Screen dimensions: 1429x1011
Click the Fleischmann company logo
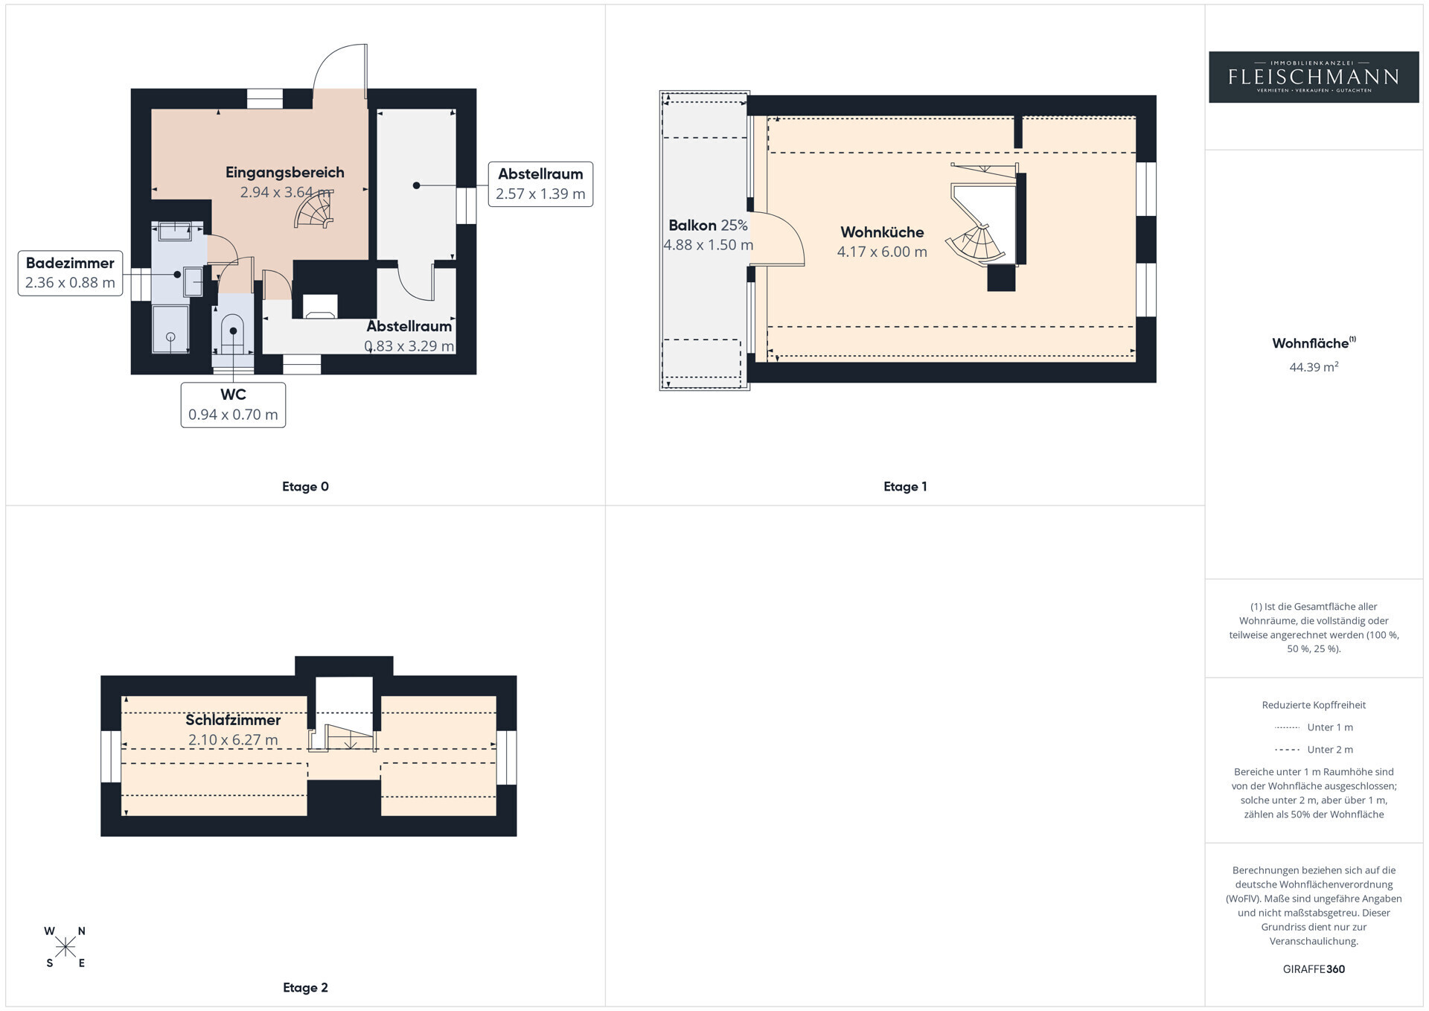point(1314,77)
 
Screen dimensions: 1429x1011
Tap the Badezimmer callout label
point(70,273)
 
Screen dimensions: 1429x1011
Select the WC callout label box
point(233,405)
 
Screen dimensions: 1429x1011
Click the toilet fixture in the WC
point(233,334)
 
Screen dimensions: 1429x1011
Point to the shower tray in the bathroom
point(170,328)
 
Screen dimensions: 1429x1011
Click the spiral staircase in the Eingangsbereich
point(315,210)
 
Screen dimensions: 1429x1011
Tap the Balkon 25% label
point(708,225)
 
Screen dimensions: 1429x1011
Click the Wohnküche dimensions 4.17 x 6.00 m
point(882,252)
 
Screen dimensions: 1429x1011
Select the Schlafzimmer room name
point(233,720)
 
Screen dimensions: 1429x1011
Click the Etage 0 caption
point(305,487)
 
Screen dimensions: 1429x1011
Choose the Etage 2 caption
point(305,988)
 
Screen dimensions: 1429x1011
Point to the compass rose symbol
point(65,947)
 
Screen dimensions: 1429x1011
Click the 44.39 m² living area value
point(1314,366)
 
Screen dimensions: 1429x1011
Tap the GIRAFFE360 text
point(1314,969)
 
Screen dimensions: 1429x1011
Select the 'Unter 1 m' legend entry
point(1314,727)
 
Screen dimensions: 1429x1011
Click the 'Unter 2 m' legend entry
point(1314,750)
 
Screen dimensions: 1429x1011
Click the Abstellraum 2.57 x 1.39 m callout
point(540,184)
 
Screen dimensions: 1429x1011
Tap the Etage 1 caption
point(905,487)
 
